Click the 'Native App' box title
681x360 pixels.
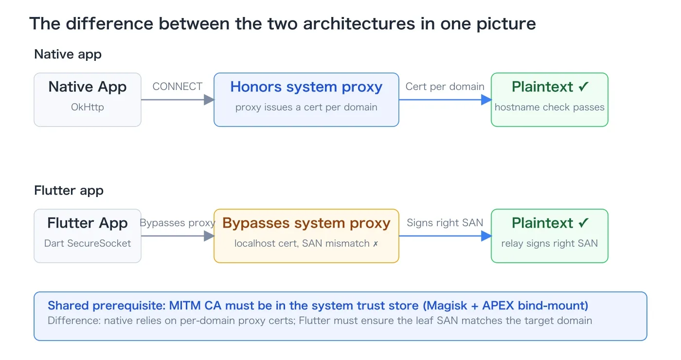point(87,87)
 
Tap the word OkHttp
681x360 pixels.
point(87,107)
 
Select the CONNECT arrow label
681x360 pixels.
point(177,87)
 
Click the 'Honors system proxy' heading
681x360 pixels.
point(306,87)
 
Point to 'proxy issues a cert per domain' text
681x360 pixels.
point(306,107)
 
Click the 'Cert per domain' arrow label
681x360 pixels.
point(445,87)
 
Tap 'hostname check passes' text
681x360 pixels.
point(549,107)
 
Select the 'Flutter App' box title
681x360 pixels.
point(87,223)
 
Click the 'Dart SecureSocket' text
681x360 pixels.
point(87,243)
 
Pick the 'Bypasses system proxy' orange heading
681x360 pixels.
point(306,223)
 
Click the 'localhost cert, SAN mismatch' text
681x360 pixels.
point(302,243)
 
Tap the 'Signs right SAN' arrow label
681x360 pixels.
point(445,223)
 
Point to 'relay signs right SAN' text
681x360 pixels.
point(549,243)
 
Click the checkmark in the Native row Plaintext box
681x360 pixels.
point(584,87)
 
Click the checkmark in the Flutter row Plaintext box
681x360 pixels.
point(584,223)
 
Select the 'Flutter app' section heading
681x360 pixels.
point(69,191)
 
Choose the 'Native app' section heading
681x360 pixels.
point(68,54)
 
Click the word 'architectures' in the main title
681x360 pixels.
point(359,24)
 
